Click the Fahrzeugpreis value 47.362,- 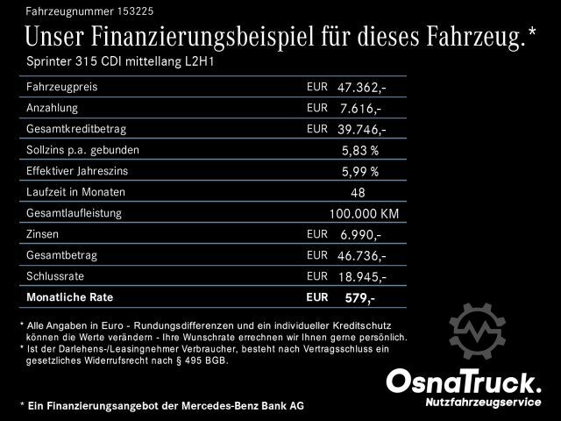coord(361,88)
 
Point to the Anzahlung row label coord(53,108)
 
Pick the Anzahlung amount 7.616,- coord(361,108)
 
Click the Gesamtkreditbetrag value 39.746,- coord(361,129)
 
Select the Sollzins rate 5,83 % coord(360,150)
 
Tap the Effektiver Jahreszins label coord(80,170)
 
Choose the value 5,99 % coord(360,171)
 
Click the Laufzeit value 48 coord(357,192)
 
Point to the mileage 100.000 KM coord(364,213)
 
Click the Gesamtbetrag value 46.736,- coord(361,255)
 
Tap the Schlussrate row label coord(57,275)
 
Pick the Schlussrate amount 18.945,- coord(361,276)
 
